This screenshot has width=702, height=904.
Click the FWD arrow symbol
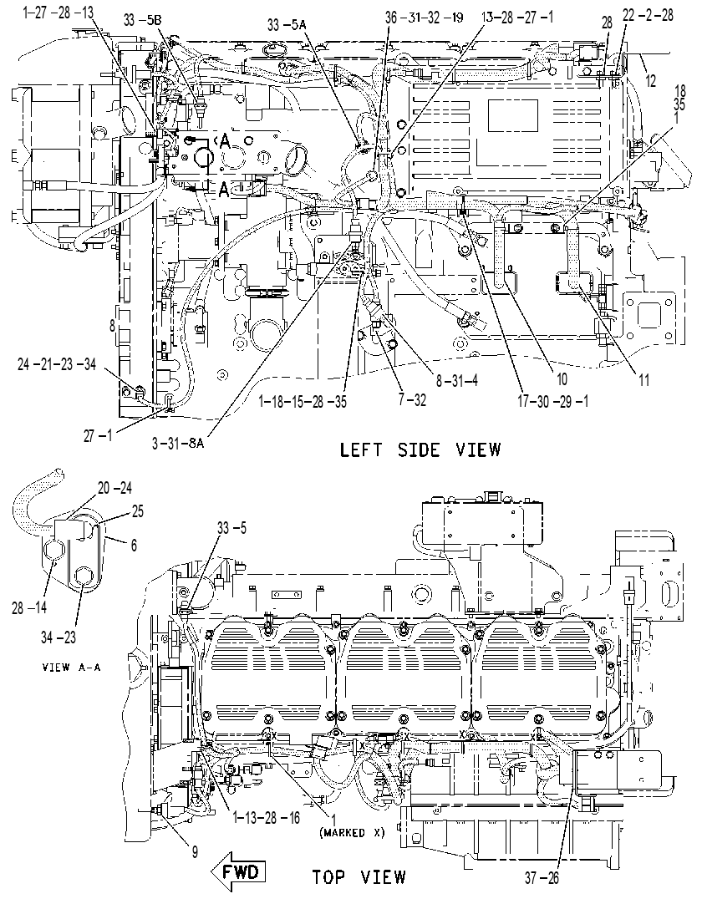click(238, 871)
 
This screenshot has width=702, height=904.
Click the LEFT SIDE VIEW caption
click(420, 449)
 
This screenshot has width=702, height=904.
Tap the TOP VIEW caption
click(359, 877)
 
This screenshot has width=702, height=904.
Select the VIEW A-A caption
click(72, 667)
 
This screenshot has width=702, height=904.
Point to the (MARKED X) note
click(352, 832)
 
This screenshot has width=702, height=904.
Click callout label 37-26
click(542, 878)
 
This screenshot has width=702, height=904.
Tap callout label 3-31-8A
click(178, 443)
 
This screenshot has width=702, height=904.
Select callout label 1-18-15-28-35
click(303, 401)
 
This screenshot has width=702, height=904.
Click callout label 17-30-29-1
click(554, 401)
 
